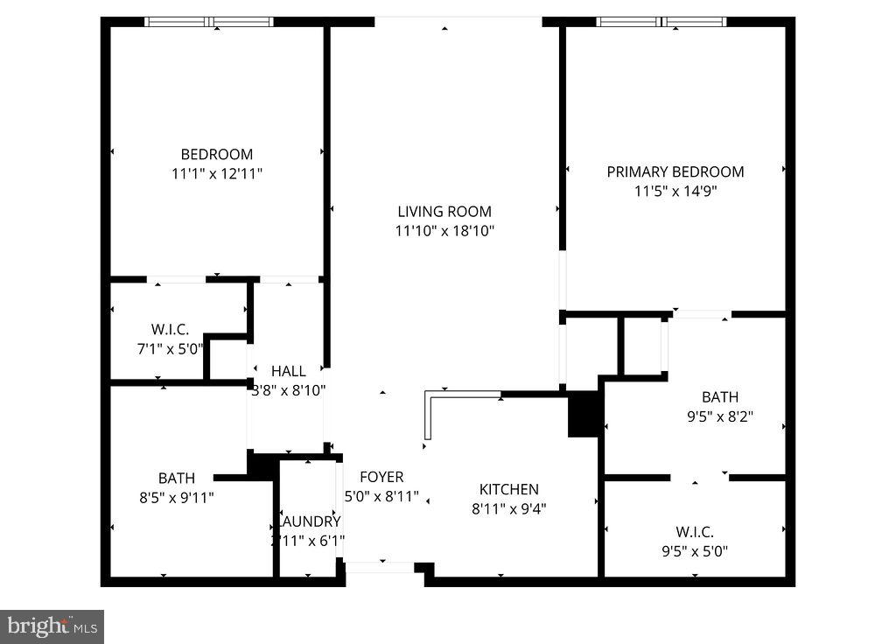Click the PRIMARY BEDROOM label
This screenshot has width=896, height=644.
675,171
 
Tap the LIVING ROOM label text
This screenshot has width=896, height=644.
444,211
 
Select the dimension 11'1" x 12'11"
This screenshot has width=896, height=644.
217,174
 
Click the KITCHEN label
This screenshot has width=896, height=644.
508,489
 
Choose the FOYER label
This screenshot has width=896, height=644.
382,477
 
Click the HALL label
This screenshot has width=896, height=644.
288,371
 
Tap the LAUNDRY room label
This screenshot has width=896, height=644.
309,521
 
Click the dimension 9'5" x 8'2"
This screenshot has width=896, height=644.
719,416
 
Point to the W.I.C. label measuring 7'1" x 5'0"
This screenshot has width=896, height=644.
170,329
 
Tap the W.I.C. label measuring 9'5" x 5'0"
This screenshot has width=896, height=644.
695,532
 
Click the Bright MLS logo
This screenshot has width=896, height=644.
52,626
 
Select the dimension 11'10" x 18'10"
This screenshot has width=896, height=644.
444,231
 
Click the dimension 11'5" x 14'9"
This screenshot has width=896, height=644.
675,191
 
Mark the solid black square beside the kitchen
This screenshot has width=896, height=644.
584,414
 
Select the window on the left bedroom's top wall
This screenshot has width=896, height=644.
209,21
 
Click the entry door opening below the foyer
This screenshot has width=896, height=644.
380,568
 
